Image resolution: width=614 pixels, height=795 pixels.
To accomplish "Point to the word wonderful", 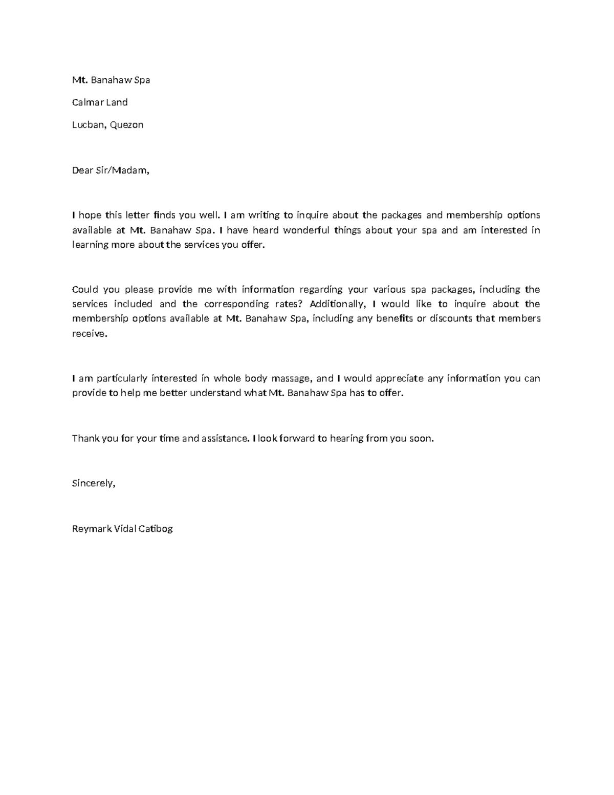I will (x=306, y=230).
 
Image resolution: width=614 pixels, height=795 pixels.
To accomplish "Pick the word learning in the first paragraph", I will (x=90, y=245).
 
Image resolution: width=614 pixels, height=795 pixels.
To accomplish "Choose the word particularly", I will (x=121, y=379).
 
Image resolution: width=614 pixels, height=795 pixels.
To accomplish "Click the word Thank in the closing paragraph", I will (x=85, y=439).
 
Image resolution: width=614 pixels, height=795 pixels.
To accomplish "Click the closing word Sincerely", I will (x=94, y=483).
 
